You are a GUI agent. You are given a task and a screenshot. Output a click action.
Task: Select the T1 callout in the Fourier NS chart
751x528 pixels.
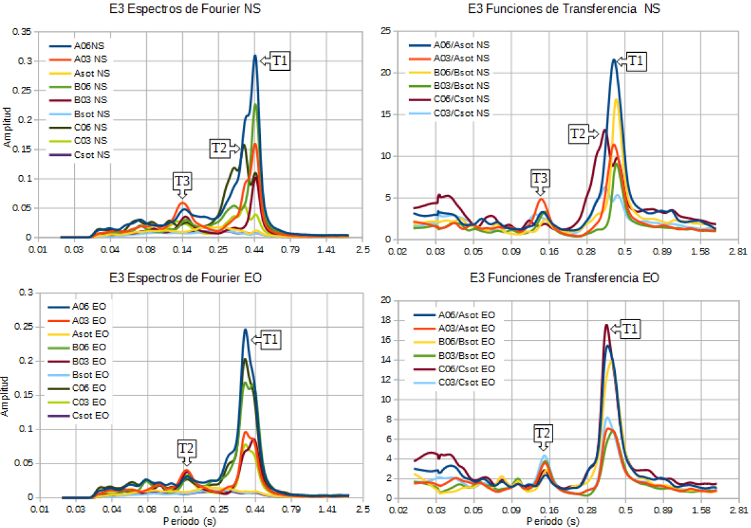coord(280,61)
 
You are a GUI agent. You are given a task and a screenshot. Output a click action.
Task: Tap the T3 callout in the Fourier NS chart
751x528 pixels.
coord(182,181)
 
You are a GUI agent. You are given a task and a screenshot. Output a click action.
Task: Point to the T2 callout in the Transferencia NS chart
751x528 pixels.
coord(578,134)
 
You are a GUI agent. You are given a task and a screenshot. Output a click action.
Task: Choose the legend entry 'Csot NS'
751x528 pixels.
coord(91,155)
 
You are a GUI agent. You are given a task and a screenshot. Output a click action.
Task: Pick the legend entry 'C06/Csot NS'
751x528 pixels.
coord(461,99)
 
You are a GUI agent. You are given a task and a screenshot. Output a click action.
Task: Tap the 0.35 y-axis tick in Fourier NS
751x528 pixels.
coord(23,32)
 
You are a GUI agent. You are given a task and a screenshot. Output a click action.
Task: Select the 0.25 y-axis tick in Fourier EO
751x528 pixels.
coord(23,327)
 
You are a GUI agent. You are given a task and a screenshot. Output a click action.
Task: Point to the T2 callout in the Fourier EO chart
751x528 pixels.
coord(186,446)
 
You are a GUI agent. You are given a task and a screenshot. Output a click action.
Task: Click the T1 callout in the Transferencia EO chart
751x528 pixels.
coord(631,330)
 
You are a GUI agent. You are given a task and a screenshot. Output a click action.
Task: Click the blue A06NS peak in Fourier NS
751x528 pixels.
coord(255,57)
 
